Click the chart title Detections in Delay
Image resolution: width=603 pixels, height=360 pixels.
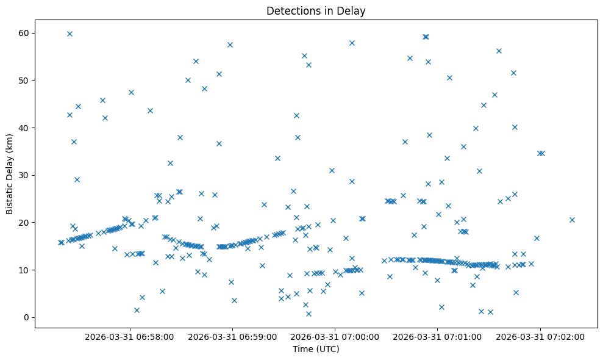click(x=316, y=10)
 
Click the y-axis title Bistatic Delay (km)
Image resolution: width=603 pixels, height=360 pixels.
click(x=10, y=174)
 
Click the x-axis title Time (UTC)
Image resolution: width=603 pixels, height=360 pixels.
click(x=316, y=349)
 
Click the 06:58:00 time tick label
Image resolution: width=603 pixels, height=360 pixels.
click(x=129, y=336)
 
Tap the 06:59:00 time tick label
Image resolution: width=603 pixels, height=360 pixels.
click(x=232, y=336)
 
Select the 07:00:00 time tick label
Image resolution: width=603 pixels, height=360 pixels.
click(x=335, y=336)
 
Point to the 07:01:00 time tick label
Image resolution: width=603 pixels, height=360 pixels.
click(x=438, y=336)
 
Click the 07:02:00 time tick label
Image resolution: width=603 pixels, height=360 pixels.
click(x=540, y=336)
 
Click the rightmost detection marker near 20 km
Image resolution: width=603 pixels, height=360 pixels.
click(x=572, y=220)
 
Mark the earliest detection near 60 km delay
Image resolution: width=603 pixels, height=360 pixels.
click(x=70, y=34)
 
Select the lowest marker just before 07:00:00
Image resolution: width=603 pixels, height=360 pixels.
click(x=309, y=314)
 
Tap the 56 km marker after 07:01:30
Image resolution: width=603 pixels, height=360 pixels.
click(x=499, y=51)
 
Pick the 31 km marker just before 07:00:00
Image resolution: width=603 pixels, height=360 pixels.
click(x=332, y=170)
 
